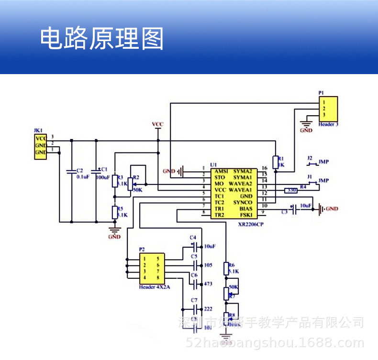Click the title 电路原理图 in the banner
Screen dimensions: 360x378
[101, 39]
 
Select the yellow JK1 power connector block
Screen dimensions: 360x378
[40, 146]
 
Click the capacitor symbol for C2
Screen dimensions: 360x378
[71, 171]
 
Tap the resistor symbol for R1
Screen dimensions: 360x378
[276, 162]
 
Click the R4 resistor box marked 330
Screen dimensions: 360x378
[290, 190]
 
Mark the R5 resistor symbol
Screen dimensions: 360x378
[114, 212]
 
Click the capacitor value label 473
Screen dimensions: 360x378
[209, 284]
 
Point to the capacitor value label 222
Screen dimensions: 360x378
[209, 309]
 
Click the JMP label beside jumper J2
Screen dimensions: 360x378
[324, 162]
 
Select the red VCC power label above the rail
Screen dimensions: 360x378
[157, 124]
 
